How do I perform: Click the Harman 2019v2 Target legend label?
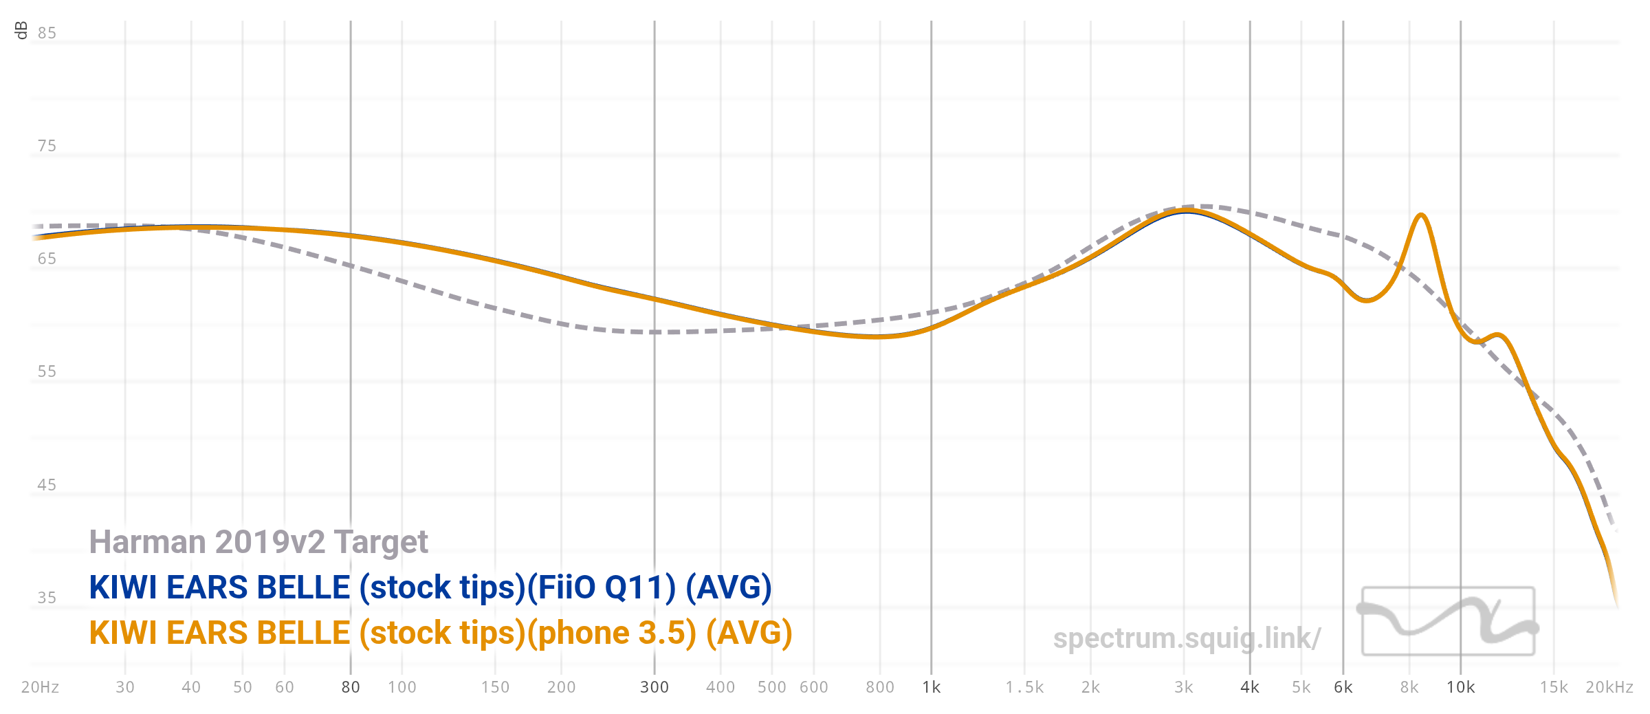click(x=258, y=542)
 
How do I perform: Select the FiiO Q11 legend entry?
click(x=430, y=587)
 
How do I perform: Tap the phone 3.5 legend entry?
click(x=441, y=633)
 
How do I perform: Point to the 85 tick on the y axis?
click(x=47, y=33)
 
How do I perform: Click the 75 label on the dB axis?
click(x=47, y=146)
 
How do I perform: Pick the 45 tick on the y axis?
click(x=47, y=485)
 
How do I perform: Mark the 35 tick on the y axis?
click(x=47, y=598)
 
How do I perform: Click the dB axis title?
click(x=21, y=30)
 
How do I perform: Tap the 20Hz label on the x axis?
click(x=40, y=687)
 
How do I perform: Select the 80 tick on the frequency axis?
click(x=351, y=687)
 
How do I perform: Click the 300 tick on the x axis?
click(x=654, y=687)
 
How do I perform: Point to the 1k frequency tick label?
click(x=932, y=687)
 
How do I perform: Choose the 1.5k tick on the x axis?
click(x=1024, y=687)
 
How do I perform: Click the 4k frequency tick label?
click(x=1250, y=687)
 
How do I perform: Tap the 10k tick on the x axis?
click(x=1461, y=687)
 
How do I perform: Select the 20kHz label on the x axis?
click(x=1609, y=687)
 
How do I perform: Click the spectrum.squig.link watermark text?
click(x=1187, y=638)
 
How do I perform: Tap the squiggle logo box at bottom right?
click(x=1449, y=621)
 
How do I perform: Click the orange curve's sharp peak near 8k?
click(x=1420, y=215)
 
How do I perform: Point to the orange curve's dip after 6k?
click(x=1367, y=301)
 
